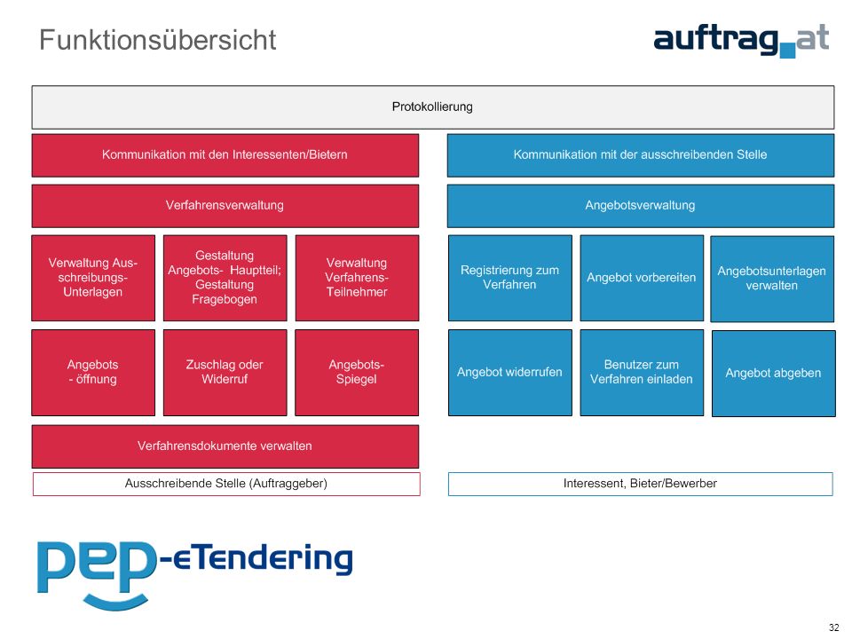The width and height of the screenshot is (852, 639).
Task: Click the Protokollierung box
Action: pyautogui.click(x=433, y=107)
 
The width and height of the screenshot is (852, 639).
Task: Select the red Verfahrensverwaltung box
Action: pyautogui.click(x=225, y=206)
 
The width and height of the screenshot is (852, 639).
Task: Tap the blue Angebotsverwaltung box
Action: pyautogui.click(x=641, y=206)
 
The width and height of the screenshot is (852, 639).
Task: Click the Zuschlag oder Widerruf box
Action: pyautogui.click(x=225, y=373)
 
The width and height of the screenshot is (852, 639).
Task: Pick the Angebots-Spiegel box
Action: pyautogui.click(x=357, y=373)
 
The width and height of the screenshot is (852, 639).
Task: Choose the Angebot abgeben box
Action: pyautogui.click(x=773, y=374)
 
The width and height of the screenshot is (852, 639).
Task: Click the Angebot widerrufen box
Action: pyautogui.click(x=509, y=373)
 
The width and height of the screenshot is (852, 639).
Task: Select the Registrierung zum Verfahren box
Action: pyautogui.click(x=509, y=278)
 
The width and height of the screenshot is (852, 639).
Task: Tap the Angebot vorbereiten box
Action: pyautogui.click(x=642, y=278)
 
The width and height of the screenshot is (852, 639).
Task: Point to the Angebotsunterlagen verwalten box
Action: pyautogui.click(x=772, y=279)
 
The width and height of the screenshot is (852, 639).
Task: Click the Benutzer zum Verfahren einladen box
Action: pyautogui.click(x=642, y=373)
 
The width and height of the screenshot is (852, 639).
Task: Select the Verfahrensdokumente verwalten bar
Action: pyautogui.click(x=225, y=446)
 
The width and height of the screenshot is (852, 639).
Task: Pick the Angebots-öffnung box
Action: pyautogui.click(x=93, y=373)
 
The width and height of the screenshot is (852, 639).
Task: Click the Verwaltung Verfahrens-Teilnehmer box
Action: pyautogui.click(x=357, y=278)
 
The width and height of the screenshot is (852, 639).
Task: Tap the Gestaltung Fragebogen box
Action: pyautogui.click(x=225, y=278)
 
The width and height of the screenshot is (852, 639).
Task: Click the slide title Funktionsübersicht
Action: pyautogui.click(x=158, y=40)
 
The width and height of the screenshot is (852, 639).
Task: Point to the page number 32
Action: pyautogui.click(x=833, y=627)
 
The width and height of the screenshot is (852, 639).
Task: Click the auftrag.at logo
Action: pyautogui.click(x=741, y=41)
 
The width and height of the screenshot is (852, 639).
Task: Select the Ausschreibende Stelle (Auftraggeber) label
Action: pyautogui.click(x=226, y=484)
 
